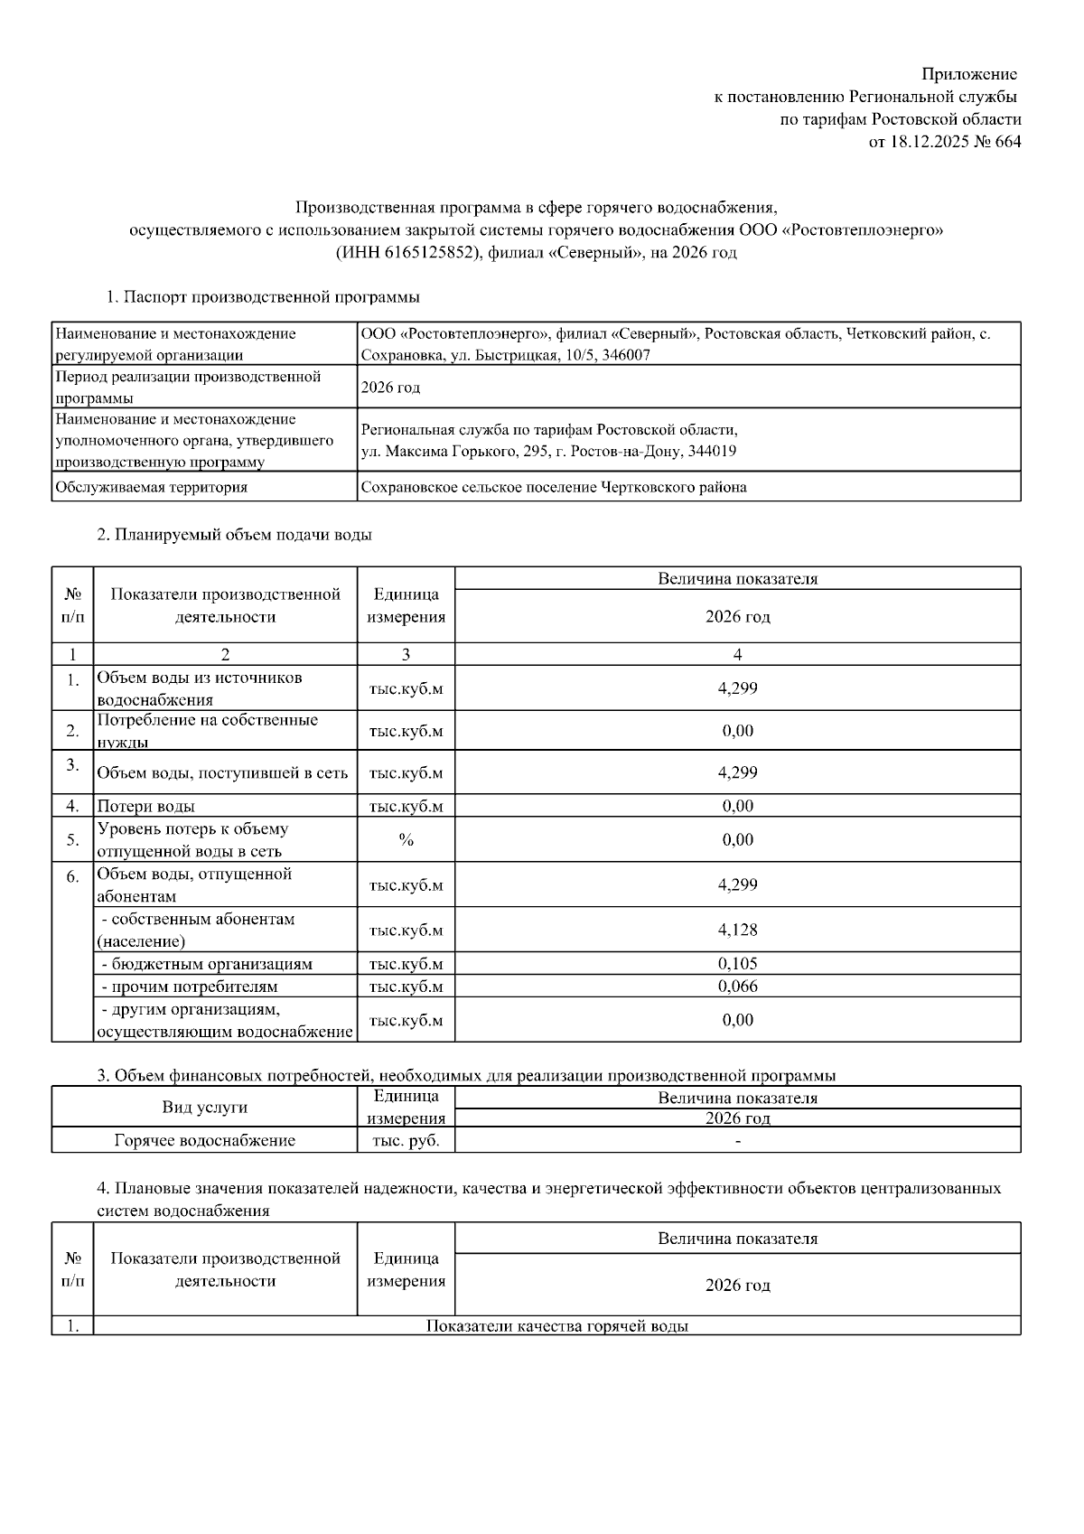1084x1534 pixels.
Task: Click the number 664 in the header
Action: [x=1007, y=141]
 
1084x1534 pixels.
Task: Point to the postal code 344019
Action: [x=712, y=451]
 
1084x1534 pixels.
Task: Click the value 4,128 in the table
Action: [x=737, y=930]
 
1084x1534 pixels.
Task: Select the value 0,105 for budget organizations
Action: [x=737, y=963]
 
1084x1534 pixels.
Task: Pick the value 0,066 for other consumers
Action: [x=737, y=986]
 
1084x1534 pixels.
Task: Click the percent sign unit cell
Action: [x=406, y=840]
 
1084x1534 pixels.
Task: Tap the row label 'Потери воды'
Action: [x=145, y=806]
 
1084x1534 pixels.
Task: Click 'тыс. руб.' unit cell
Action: [x=406, y=1140]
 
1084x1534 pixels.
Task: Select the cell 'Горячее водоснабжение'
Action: [x=205, y=1140]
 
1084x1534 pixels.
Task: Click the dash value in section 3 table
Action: [x=738, y=1141]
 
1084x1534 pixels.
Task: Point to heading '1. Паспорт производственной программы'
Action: [x=262, y=296]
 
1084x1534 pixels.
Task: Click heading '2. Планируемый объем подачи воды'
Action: [x=234, y=534]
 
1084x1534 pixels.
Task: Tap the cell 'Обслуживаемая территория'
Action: [x=152, y=487]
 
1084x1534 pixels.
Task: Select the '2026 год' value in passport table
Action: [x=390, y=388]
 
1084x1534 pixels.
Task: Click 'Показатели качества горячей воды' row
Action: [x=556, y=1325]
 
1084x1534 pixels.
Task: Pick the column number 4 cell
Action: [x=737, y=654]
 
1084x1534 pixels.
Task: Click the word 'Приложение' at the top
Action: [x=968, y=74]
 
